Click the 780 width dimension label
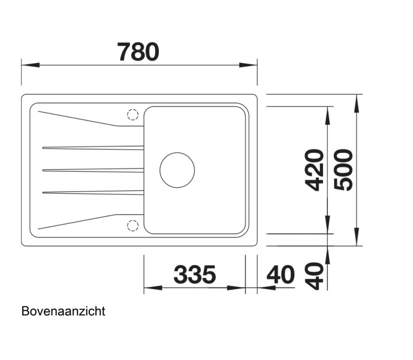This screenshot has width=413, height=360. pos(138,52)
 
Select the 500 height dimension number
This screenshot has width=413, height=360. pos(343,170)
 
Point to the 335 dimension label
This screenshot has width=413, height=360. pos(194,275)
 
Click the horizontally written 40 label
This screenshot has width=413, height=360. pos(281,275)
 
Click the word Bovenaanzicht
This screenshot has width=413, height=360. pos(63,311)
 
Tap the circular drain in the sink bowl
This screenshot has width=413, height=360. pos(177,169)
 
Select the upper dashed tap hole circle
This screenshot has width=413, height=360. pos(132,115)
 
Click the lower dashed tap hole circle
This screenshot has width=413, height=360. pos(132,225)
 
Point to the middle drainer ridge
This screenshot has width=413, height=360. pos(93,170)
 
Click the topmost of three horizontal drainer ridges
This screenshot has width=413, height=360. pos(93,147)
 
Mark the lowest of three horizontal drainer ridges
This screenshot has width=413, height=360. pos(93,192)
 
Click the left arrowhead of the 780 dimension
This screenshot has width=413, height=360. pos(28,64)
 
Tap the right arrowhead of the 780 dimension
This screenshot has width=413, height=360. pos(252,64)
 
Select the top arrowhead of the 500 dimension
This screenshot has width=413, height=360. pos(357,100)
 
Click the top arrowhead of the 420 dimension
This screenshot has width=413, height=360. pos(328,112)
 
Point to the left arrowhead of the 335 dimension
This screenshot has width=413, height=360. pos(150,288)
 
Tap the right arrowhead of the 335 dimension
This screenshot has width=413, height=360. pos(240,288)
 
